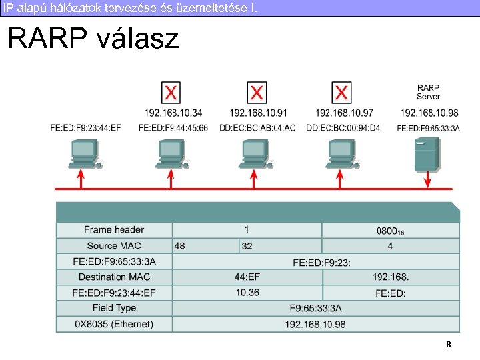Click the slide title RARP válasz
tap(93, 39)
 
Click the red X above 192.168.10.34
tap(171, 92)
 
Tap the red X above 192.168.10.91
tap(257, 92)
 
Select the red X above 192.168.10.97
tap(342, 92)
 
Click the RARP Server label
tap(428, 92)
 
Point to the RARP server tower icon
tap(427, 155)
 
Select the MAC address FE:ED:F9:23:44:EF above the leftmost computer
tap(85, 127)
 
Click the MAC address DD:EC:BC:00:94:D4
tap(343, 127)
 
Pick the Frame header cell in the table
tap(114, 230)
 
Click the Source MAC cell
tap(114, 246)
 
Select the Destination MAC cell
tap(114, 277)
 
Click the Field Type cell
tap(114, 308)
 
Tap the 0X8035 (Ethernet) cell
tap(114, 324)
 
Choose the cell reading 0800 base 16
tap(390, 231)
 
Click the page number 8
tap(449, 345)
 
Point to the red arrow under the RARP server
tap(427, 181)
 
